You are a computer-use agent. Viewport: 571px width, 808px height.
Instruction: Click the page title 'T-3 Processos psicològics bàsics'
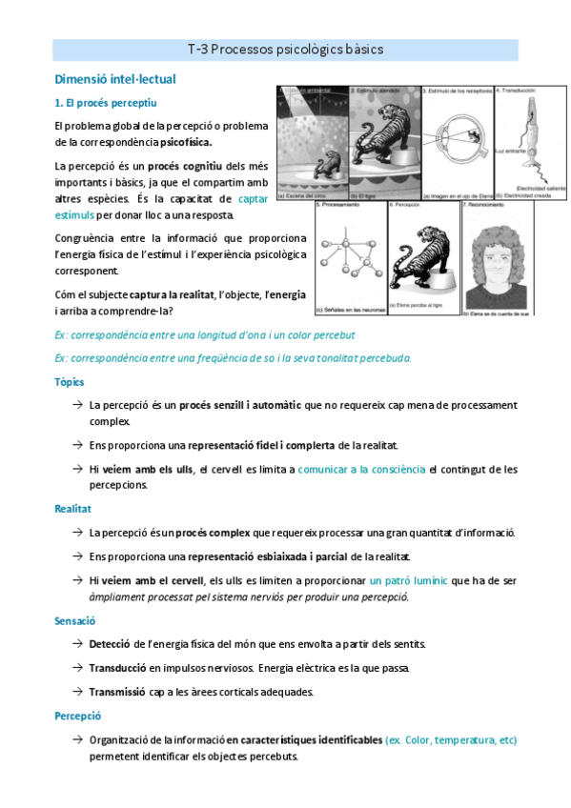[285, 50]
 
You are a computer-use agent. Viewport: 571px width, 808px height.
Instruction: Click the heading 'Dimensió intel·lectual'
[115, 80]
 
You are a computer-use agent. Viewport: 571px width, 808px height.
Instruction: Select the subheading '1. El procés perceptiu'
[106, 102]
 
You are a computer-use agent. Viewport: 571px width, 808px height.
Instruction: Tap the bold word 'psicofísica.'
[186, 142]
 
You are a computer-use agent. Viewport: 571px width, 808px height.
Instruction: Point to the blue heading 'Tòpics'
[71, 382]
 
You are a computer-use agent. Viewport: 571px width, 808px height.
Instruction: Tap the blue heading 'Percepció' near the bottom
[78, 716]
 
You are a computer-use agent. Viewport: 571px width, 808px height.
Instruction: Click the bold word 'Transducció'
[117, 668]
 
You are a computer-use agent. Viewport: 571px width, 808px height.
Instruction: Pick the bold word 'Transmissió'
[118, 692]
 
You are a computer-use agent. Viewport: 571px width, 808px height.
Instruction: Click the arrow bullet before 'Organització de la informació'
[75, 739]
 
